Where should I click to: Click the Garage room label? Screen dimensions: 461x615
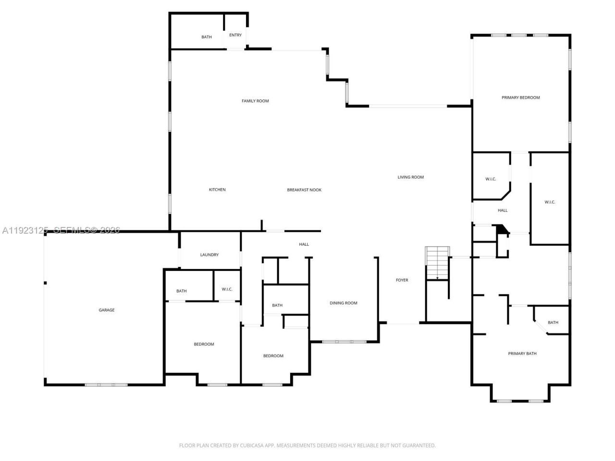(107, 310)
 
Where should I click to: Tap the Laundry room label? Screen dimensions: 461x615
(209, 255)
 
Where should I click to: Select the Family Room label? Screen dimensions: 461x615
(255, 101)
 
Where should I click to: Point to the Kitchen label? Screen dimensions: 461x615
(217, 190)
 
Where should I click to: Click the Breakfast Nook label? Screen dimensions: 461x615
(304, 190)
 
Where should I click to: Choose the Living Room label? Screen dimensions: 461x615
(411, 177)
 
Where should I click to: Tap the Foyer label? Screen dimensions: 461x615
(402, 280)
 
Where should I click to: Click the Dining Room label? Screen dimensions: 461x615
(344, 303)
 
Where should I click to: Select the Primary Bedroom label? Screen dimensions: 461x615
(521, 97)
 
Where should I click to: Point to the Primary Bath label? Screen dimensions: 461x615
(522, 353)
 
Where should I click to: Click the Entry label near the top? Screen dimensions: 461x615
(235, 35)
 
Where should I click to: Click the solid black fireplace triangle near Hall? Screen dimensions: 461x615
(503, 230)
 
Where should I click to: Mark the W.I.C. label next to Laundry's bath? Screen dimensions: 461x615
(227, 289)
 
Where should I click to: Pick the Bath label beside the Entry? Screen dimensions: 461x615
(207, 37)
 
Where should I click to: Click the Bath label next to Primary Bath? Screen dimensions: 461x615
(553, 323)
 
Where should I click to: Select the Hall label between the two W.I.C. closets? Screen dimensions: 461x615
(503, 210)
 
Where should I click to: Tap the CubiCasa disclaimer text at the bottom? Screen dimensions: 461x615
(307, 446)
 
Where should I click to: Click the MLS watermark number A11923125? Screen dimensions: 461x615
(24, 230)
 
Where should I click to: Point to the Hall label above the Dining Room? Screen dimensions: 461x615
(304, 244)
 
